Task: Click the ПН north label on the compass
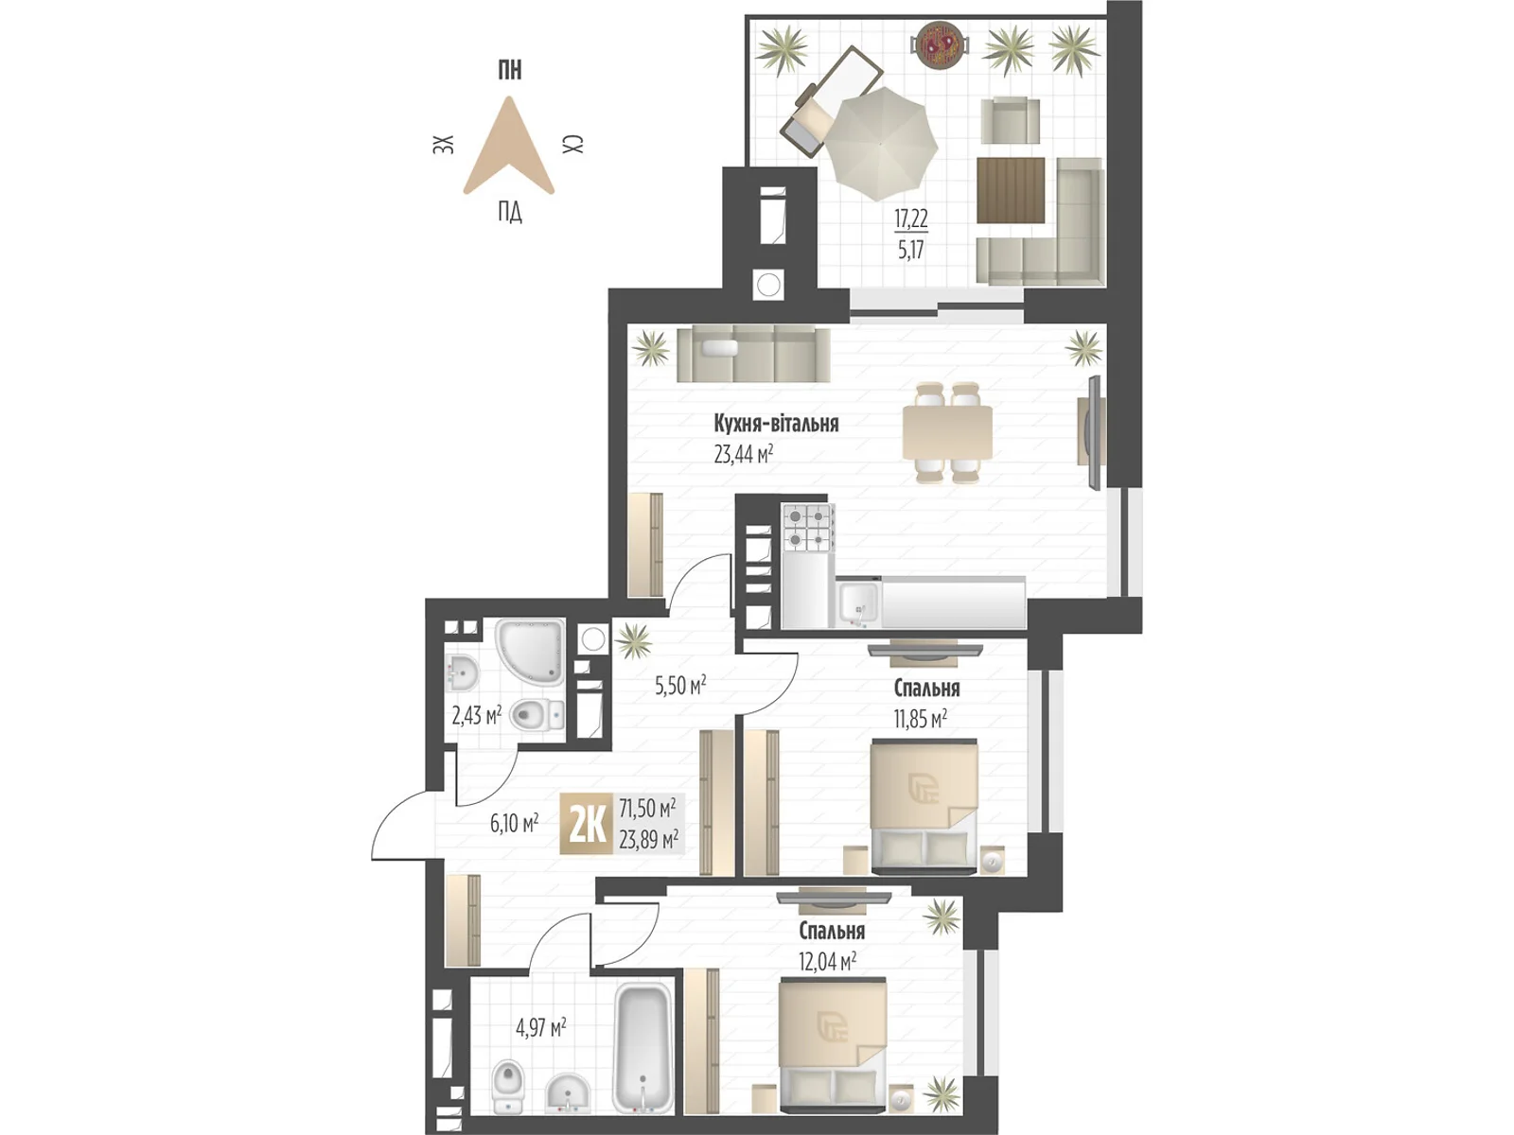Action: point(509,70)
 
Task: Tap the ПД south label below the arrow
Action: point(509,212)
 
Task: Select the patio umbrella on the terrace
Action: point(882,143)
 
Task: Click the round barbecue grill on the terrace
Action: point(941,45)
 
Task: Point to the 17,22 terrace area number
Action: point(911,219)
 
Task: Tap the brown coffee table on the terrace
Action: point(1011,190)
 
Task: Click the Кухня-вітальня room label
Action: point(776,423)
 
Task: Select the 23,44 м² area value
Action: point(744,454)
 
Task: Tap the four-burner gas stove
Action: point(807,528)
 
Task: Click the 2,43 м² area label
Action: point(476,714)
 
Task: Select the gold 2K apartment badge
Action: point(586,825)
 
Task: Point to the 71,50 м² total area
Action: point(647,809)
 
